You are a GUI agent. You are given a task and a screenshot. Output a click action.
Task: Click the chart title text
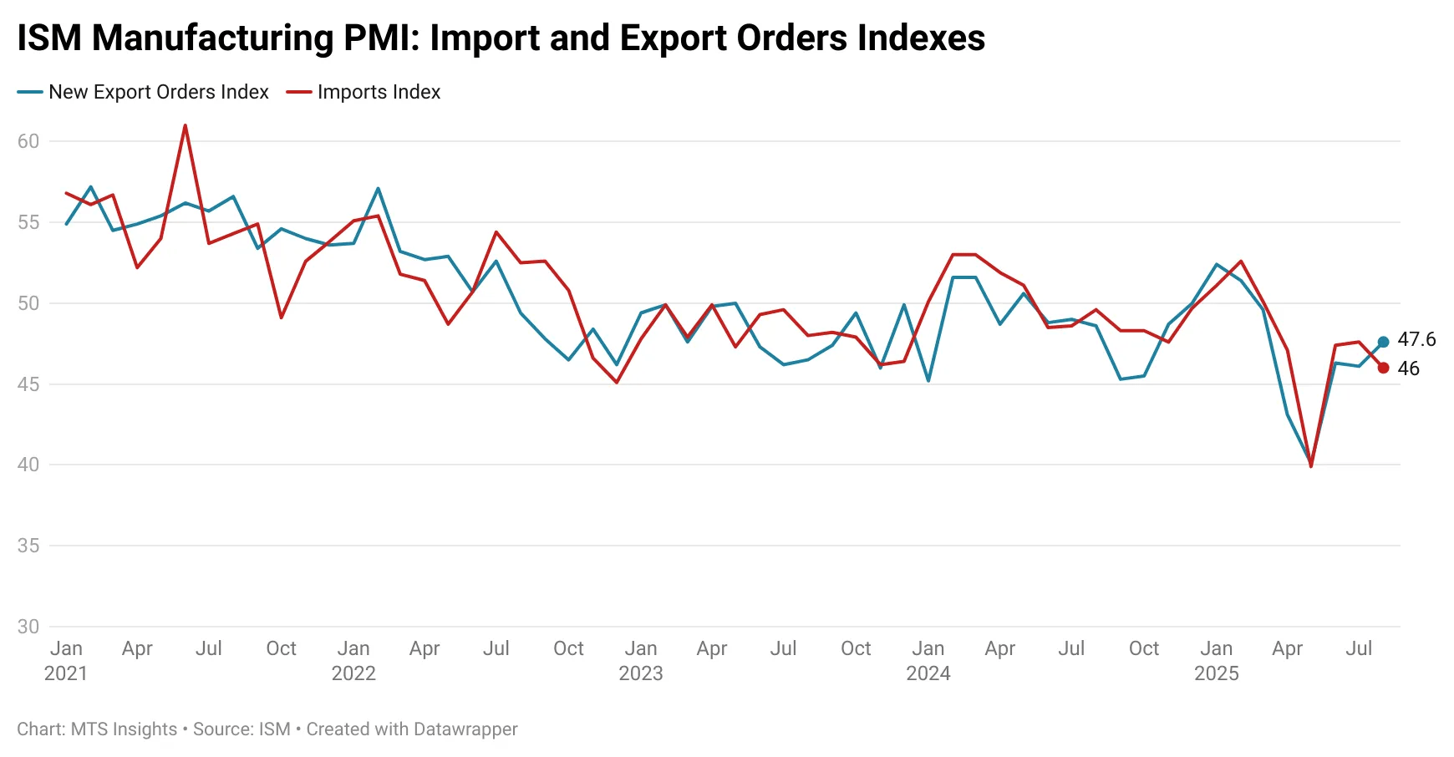point(501,38)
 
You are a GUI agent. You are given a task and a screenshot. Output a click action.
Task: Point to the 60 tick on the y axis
point(28,141)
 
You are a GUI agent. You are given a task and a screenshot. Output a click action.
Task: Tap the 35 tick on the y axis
point(28,546)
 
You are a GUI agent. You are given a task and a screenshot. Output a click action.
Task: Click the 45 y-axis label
point(28,384)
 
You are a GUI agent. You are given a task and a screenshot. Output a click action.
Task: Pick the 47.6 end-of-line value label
point(1416,339)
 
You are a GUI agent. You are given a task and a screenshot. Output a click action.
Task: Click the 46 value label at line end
point(1408,368)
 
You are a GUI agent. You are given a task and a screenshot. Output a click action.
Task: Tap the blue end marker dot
point(1383,342)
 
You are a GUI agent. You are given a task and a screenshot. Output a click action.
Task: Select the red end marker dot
point(1383,368)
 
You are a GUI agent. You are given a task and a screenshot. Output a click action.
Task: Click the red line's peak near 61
point(185,126)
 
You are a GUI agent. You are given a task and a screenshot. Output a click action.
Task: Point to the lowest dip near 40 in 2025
point(1311,465)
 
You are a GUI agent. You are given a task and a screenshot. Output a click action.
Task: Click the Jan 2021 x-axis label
point(66,660)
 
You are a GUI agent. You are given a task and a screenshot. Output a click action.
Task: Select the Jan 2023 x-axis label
point(641,660)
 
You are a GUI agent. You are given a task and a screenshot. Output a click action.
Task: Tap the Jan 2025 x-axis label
point(1216,660)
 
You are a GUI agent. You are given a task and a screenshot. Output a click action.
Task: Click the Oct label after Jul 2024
point(1144,648)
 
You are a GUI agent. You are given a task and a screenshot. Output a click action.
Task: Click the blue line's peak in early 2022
point(378,189)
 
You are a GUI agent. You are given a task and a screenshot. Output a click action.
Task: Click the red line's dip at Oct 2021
point(281,318)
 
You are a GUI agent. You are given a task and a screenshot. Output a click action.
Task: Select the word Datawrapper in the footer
point(465,729)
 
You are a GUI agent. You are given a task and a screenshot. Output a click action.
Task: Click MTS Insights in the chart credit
point(124,729)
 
